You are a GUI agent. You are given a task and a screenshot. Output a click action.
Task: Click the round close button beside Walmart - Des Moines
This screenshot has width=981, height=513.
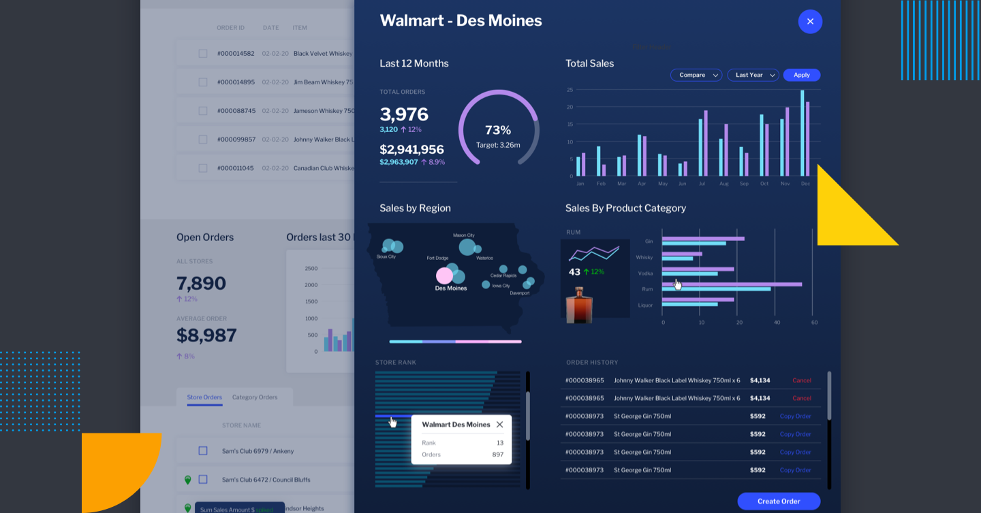[810, 22]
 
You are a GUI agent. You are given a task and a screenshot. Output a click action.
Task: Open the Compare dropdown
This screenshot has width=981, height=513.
[696, 75]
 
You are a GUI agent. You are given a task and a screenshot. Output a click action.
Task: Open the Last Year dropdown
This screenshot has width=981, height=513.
[753, 75]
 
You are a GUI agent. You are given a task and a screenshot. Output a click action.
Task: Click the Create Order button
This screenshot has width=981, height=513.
[779, 501]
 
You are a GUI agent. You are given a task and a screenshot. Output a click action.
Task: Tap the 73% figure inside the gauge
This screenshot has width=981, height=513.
[497, 130]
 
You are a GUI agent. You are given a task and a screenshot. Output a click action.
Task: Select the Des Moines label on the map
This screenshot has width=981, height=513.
[451, 288]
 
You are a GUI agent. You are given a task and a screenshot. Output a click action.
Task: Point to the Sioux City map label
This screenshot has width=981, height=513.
[386, 257]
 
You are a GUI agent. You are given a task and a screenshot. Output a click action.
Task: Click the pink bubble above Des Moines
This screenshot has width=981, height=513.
[444, 276]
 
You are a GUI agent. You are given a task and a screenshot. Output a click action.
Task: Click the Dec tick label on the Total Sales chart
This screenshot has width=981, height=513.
[805, 184]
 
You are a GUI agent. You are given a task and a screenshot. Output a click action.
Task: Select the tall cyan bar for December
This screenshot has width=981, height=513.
[802, 133]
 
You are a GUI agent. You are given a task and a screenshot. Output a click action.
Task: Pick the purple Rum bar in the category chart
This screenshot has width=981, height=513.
[732, 284]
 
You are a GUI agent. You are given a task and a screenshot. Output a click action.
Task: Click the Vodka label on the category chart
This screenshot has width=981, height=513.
[644, 274]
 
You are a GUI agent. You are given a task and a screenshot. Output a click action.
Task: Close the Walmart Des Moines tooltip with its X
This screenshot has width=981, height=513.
[499, 425]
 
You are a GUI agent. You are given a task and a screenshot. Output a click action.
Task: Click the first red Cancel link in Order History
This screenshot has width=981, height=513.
[801, 380]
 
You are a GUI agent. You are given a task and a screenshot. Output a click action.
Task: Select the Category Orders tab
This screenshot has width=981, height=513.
[254, 397]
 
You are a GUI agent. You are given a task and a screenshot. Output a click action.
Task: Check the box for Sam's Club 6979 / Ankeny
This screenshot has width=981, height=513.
[203, 451]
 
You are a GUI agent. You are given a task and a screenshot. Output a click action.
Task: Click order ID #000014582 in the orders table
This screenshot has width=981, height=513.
[236, 54]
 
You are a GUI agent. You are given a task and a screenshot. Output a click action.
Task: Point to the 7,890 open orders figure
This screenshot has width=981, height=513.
[201, 283]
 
